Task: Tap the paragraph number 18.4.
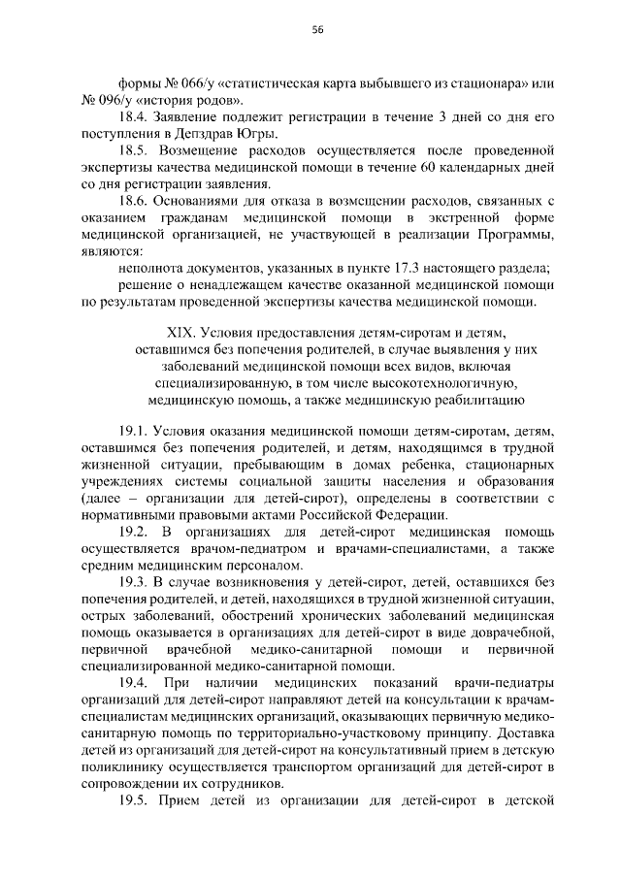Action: pos(133,116)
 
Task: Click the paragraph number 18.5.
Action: pos(133,151)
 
